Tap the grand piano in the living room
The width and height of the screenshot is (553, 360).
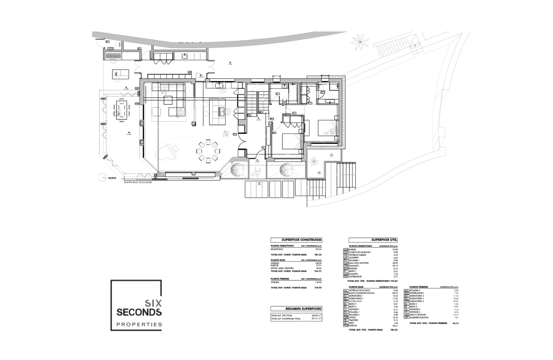click(x=168, y=150)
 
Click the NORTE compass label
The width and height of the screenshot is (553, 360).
click(x=112, y=177)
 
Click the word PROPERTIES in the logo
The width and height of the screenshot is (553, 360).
click(x=136, y=324)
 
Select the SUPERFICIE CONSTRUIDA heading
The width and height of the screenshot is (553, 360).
click(x=296, y=240)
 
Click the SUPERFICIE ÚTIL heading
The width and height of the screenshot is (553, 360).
click(x=373, y=240)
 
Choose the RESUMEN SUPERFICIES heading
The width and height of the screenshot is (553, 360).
click(x=296, y=309)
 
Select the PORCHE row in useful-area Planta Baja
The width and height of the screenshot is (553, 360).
click(x=354, y=326)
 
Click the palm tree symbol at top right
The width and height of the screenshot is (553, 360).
click(x=359, y=42)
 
